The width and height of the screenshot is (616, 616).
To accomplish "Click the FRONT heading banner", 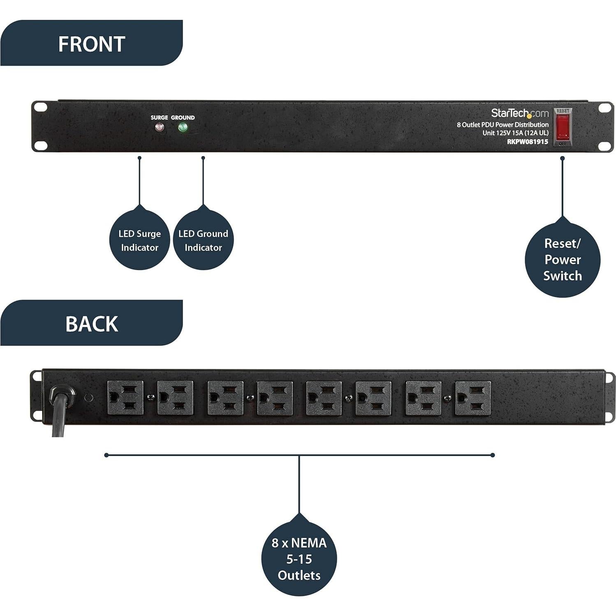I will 91,44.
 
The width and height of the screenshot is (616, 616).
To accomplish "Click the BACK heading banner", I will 91,323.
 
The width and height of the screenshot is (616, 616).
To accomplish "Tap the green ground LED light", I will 183,127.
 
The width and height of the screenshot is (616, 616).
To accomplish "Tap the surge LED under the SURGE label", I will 159,127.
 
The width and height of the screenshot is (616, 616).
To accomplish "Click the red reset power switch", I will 563,127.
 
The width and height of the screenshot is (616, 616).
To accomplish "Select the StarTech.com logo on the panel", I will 519,113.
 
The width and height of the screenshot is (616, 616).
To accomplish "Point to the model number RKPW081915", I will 527,141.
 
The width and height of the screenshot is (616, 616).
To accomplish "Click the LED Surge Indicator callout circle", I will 139,240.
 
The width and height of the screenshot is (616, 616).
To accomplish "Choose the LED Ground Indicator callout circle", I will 203,240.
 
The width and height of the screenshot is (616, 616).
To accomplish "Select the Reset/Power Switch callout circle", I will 562,259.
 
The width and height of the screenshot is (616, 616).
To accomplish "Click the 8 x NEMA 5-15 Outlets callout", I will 299,558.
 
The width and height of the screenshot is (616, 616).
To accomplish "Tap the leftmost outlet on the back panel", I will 125,398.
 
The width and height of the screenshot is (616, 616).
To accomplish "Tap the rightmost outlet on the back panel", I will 473,398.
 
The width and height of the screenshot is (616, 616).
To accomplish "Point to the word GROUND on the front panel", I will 183,118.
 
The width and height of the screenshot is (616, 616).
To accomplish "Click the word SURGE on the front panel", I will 159,118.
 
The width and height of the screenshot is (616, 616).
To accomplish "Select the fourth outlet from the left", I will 275,398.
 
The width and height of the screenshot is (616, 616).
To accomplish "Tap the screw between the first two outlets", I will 151,397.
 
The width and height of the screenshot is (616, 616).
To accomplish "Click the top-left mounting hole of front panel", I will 41,107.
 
